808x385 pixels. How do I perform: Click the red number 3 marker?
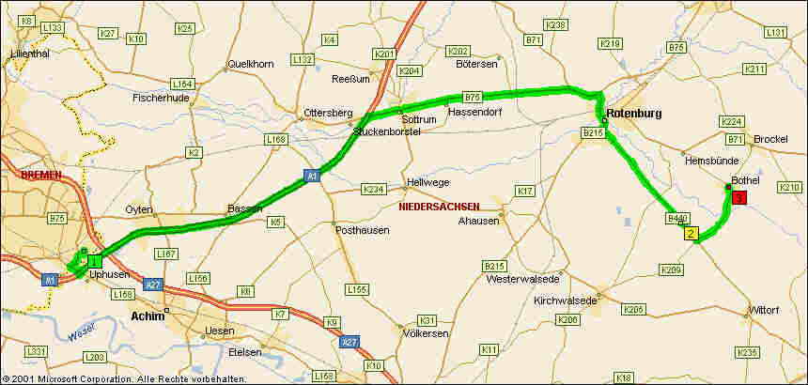[x=738, y=198]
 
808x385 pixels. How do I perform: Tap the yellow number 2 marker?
[x=691, y=234]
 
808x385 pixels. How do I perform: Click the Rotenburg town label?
[x=634, y=114]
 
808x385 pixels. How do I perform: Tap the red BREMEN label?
[x=38, y=176]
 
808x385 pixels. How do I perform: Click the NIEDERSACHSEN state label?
[x=439, y=207]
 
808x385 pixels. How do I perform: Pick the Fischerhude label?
[x=163, y=97]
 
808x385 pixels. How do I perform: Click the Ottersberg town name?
[x=327, y=115]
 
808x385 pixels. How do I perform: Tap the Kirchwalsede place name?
[x=565, y=300]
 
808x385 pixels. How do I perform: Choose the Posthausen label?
[x=362, y=230]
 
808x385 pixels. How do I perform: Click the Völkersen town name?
[x=425, y=333]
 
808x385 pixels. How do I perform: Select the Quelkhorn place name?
[x=250, y=65]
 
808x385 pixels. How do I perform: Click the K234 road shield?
[x=374, y=190]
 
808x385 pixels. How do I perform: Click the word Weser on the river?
[x=82, y=331]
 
